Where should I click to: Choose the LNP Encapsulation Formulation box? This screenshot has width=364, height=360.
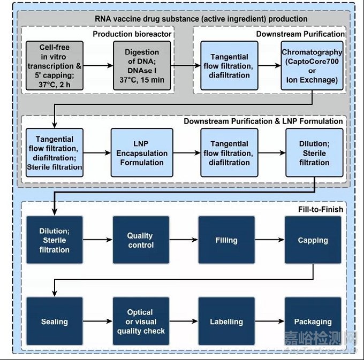[x=142, y=152]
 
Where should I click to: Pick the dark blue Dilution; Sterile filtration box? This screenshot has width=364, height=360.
[x=54, y=240]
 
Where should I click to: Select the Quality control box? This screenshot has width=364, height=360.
[x=141, y=240]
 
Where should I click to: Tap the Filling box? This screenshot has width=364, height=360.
[x=226, y=240]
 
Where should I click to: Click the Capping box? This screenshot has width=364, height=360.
[x=313, y=240]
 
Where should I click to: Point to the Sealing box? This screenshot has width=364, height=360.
[x=54, y=321]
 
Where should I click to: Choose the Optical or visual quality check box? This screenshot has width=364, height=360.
[x=141, y=321]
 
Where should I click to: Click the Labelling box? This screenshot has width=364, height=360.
[x=226, y=321]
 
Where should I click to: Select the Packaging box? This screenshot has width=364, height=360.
[x=313, y=321]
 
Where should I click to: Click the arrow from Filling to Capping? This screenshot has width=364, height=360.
[x=270, y=240]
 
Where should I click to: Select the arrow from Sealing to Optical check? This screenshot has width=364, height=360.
[x=97, y=321]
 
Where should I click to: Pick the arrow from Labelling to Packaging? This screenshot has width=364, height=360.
[x=270, y=321]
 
